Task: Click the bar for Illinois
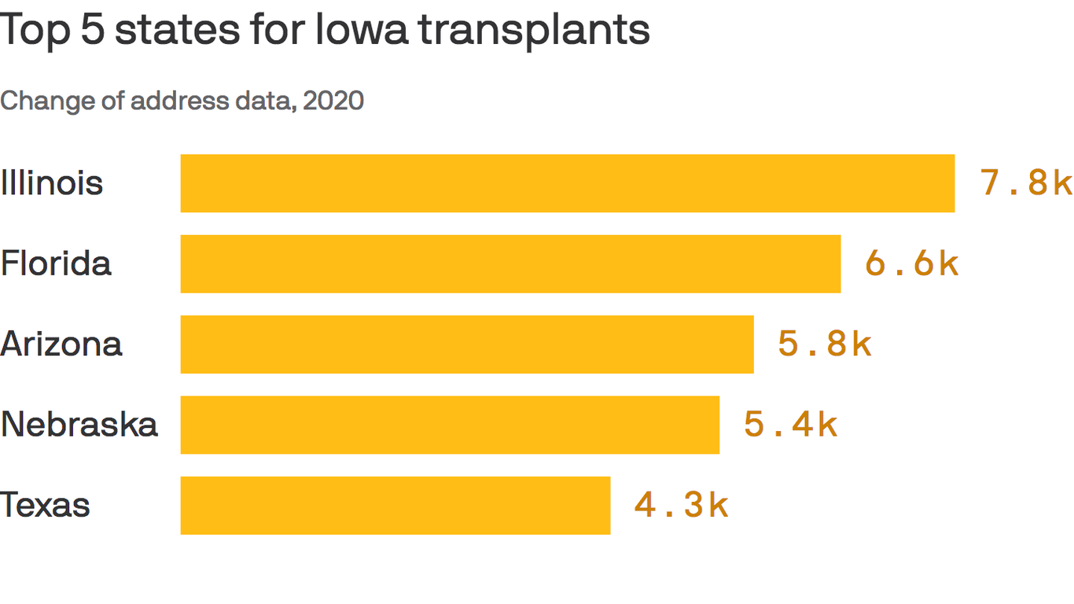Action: [x=568, y=183]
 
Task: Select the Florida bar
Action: [x=510, y=263]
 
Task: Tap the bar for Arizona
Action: [x=467, y=344]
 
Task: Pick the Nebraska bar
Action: [x=450, y=425]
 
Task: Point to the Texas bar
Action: [x=395, y=505]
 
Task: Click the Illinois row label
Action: [x=52, y=183]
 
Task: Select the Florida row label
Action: [x=56, y=263]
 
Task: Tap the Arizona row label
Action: [x=61, y=344]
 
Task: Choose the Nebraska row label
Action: [x=79, y=425]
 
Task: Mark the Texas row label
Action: [x=46, y=505]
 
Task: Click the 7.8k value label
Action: [x=1026, y=183]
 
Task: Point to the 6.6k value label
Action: [x=912, y=263]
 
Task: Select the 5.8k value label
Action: [x=825, y=344]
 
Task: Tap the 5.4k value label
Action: [x=790, y=425]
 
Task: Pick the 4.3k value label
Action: [x=682, y=505]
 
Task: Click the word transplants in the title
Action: [x=534, y=31]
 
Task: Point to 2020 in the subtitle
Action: [x=333, y=101]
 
